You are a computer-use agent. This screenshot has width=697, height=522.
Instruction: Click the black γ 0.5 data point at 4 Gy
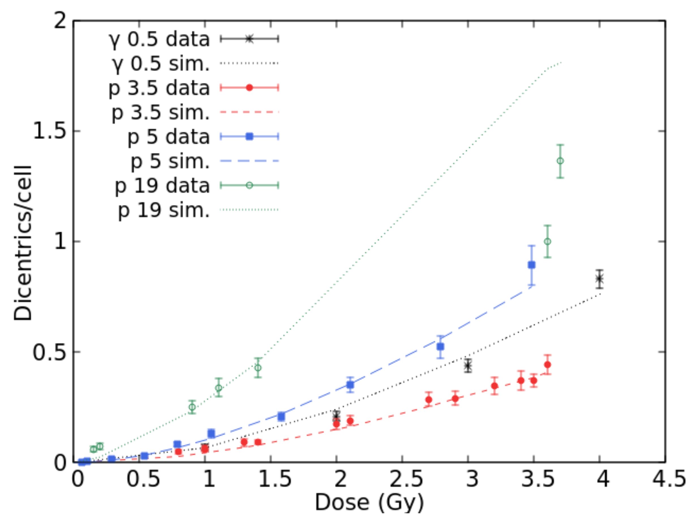click(600, 279)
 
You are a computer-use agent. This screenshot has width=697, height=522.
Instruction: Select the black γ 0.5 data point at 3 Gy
click(468, 366)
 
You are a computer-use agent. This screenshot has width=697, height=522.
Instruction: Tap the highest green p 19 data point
click(560, 161)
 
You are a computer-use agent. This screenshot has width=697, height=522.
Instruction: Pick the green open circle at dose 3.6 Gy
click(548, 241)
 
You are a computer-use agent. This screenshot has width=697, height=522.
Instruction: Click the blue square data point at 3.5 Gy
click(532, 265)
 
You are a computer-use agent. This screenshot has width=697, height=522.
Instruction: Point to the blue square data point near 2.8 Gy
click(440, 347)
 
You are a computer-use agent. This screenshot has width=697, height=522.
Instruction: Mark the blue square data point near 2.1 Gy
click(350, 385)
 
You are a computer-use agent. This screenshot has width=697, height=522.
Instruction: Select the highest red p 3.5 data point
click(548, 365)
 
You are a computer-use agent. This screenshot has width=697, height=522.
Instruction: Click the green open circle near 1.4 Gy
click(258, 368)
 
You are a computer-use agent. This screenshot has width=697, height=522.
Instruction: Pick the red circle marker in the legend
click(249, 88)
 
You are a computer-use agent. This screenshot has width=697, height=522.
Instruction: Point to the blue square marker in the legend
click(249, 136)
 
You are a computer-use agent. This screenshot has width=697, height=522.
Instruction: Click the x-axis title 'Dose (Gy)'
click(369, 502)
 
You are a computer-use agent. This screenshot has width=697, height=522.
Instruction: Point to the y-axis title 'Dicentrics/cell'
click(23, 243)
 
